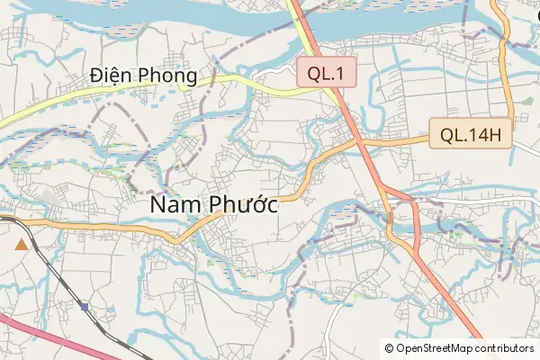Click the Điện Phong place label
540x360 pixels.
[x=144, y=77]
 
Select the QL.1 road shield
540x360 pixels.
[x=328, y=76]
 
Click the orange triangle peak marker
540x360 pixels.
[x=21, y=244]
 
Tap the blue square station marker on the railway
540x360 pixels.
[x=84, y=306]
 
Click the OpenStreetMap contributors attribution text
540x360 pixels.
[x=464, y=348]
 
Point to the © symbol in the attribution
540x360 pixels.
[x=389, y=348]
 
